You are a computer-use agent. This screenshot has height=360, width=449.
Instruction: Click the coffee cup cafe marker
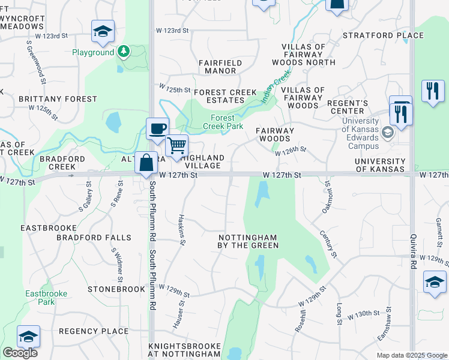coord(157,128)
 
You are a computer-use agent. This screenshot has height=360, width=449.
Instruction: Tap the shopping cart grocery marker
coord(176,145)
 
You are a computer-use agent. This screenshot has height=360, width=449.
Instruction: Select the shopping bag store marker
coord(146,163)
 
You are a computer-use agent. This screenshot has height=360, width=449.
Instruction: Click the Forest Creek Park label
coord(223,122)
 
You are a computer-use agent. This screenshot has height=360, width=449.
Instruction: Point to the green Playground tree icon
coord(124,52)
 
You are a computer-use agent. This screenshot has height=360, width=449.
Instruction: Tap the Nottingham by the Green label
coord(248,241)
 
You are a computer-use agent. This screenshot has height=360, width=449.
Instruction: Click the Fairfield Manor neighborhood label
coord(220,67)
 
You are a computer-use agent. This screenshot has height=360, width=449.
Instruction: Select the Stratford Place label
coord(383,35)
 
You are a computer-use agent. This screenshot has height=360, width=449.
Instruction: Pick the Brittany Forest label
coord(58,99)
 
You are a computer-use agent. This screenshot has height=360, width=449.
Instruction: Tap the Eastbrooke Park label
coord(40,298)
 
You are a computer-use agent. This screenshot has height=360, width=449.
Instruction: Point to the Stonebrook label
coord(116,289)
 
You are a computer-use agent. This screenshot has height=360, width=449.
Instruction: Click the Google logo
coord(20,353)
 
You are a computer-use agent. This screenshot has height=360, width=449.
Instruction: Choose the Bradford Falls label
coord(94,238)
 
